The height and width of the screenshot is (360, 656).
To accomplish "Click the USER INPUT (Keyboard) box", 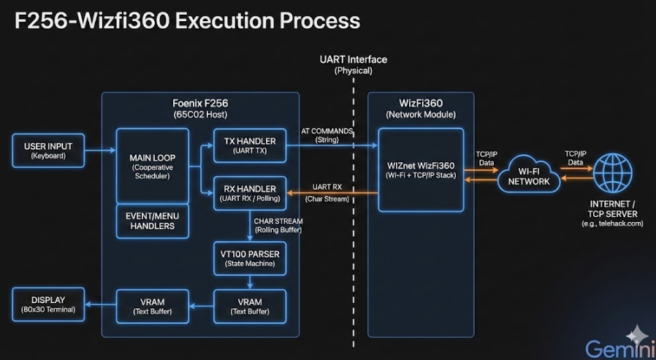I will pyautogui.click(x=48, y=150).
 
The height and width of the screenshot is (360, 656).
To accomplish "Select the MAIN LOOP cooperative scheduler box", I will pyautogui.click(x=152, y=166).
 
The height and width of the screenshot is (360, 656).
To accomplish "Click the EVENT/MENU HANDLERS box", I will pyautogui.click(x=152, y=221).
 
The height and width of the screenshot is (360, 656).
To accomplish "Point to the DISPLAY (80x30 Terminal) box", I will pyautogui.click(x=48, y=305).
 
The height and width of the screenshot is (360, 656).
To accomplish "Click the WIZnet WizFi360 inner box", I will pyautogui.click(x=421, y=169).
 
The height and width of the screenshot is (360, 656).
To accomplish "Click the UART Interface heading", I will pyautogui.click(x=353, y=60).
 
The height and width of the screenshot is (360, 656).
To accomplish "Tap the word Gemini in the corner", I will pyautogui.click(x=616, y=350).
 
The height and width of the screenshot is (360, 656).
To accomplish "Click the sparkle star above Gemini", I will pyautogui.click(x=637, y=333).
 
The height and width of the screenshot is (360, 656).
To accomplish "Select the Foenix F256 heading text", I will pyautogui.click(x=199, y=103).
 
